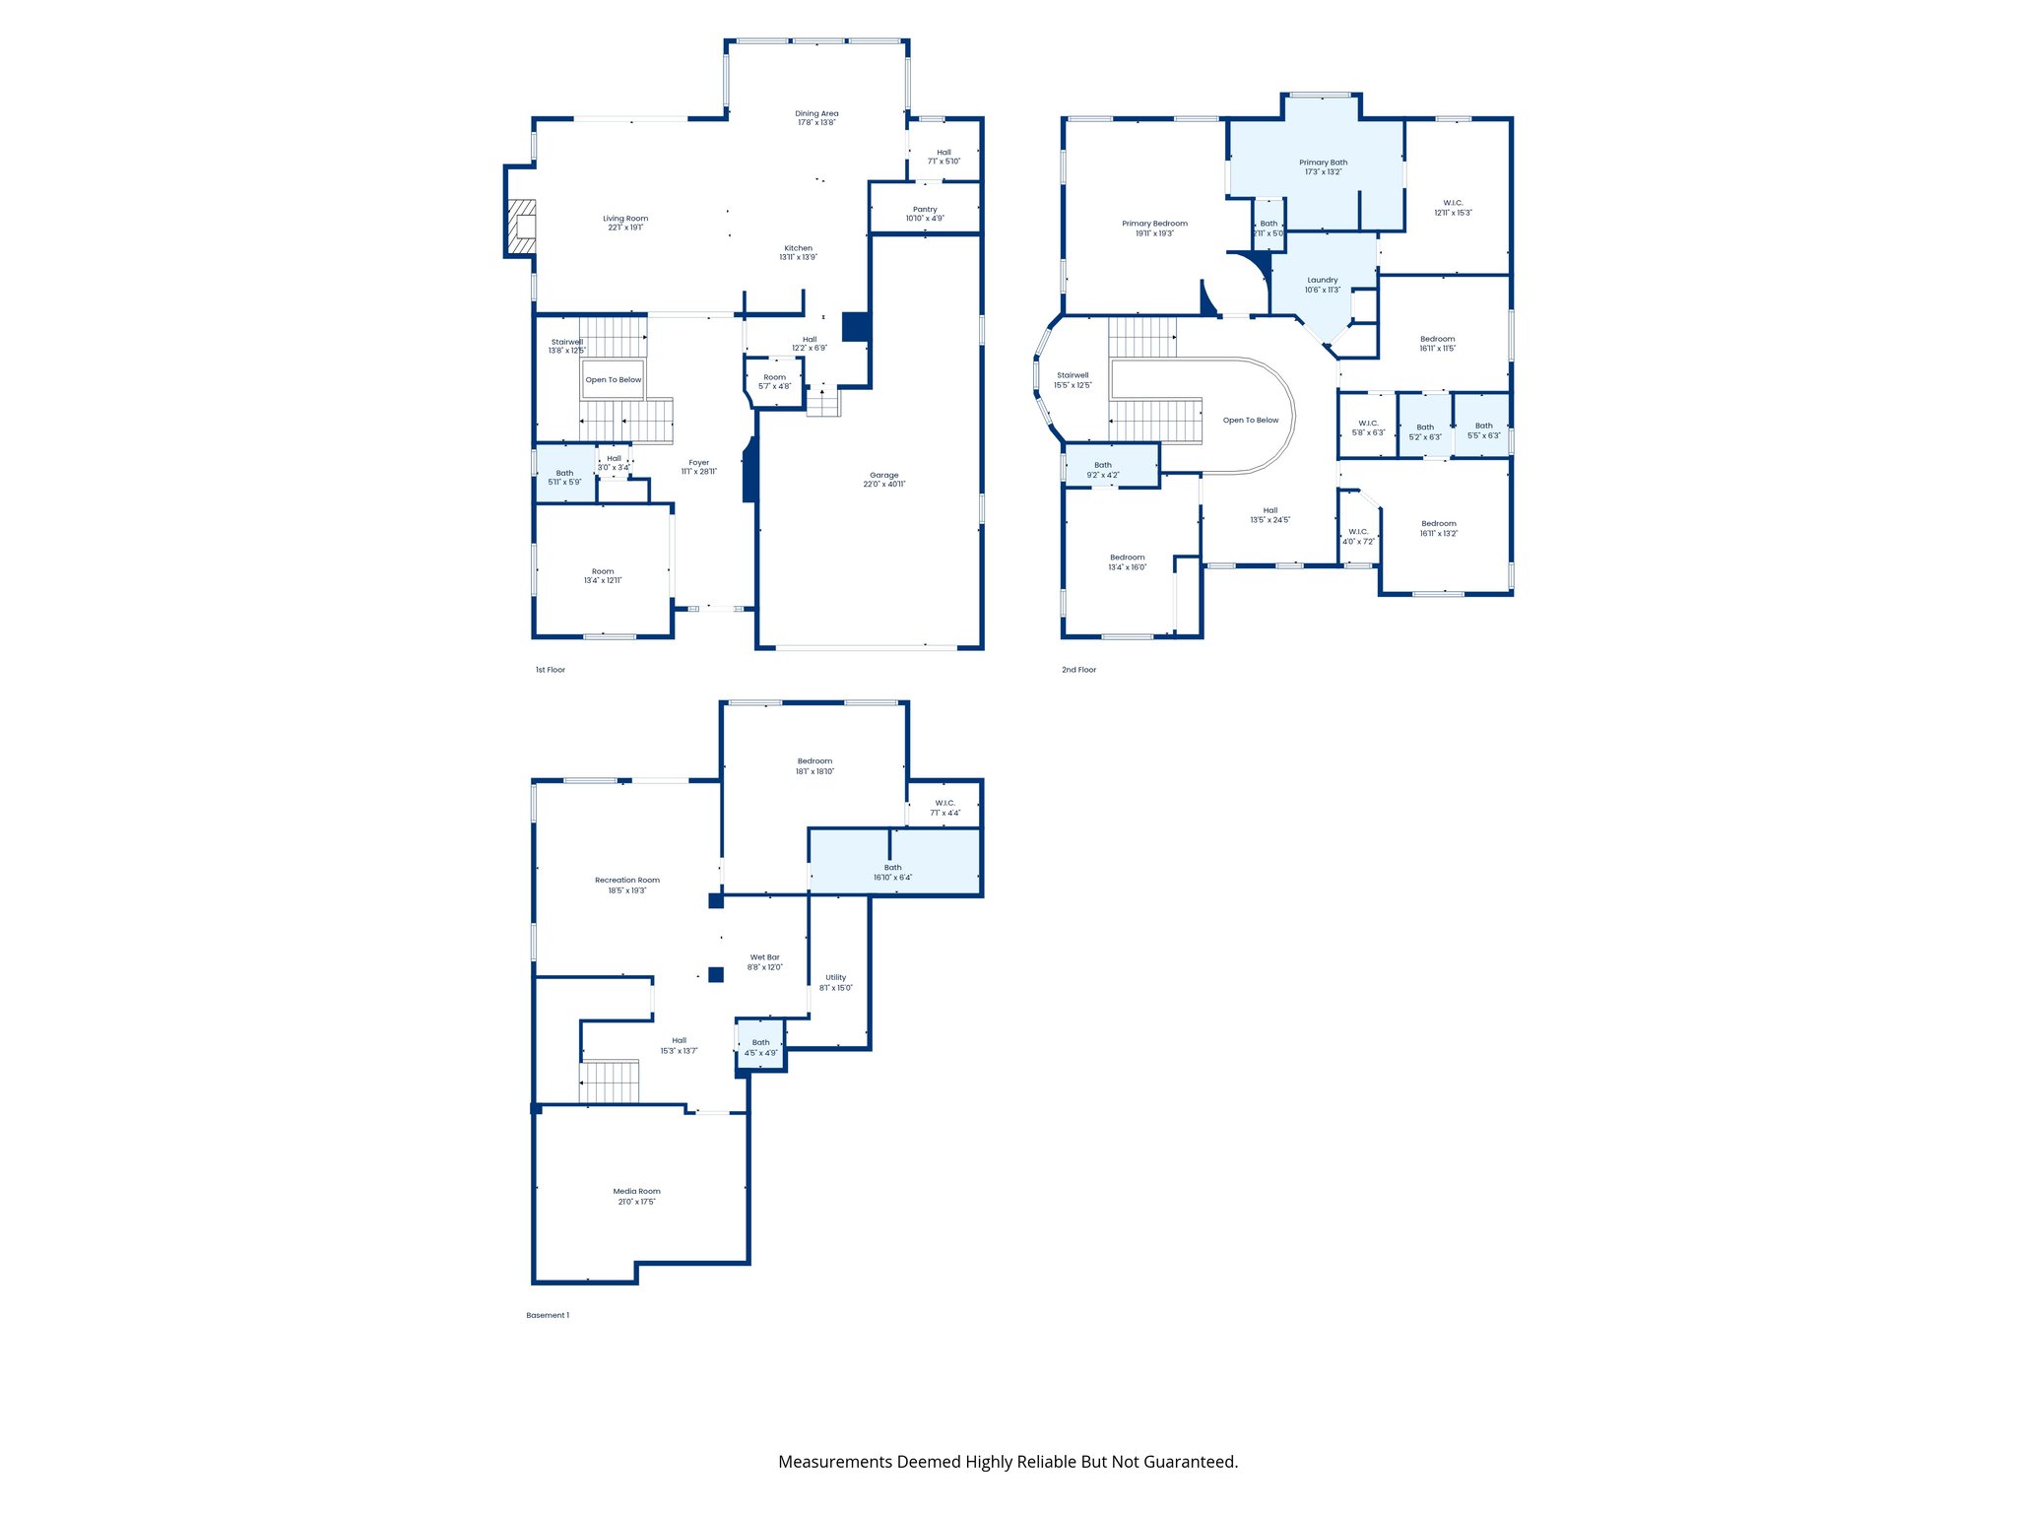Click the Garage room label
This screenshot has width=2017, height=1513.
pos(883,476)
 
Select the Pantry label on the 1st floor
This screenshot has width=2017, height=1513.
pos(925,210)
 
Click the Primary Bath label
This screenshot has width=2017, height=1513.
pos(1323,163)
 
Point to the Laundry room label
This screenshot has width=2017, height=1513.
pos(1323,281)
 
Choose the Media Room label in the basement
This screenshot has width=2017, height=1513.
pos(636,1192)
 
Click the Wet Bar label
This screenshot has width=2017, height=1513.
pos(764,957)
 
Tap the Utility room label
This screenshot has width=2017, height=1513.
pos(835,978)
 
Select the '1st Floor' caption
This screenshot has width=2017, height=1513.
pos(550,670)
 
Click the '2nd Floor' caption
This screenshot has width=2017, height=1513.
pos(1078,670)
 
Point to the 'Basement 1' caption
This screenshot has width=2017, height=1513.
pos(548,1315)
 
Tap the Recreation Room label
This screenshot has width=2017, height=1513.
pos(627,881)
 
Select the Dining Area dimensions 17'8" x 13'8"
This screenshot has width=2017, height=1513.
pos(816,123)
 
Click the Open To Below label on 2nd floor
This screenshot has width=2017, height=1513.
pos(1251,421)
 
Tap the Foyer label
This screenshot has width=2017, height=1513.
pos(699,463)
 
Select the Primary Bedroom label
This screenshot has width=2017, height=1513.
pos(1154,224)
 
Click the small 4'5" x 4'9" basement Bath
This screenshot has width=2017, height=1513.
pos(760,1048)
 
